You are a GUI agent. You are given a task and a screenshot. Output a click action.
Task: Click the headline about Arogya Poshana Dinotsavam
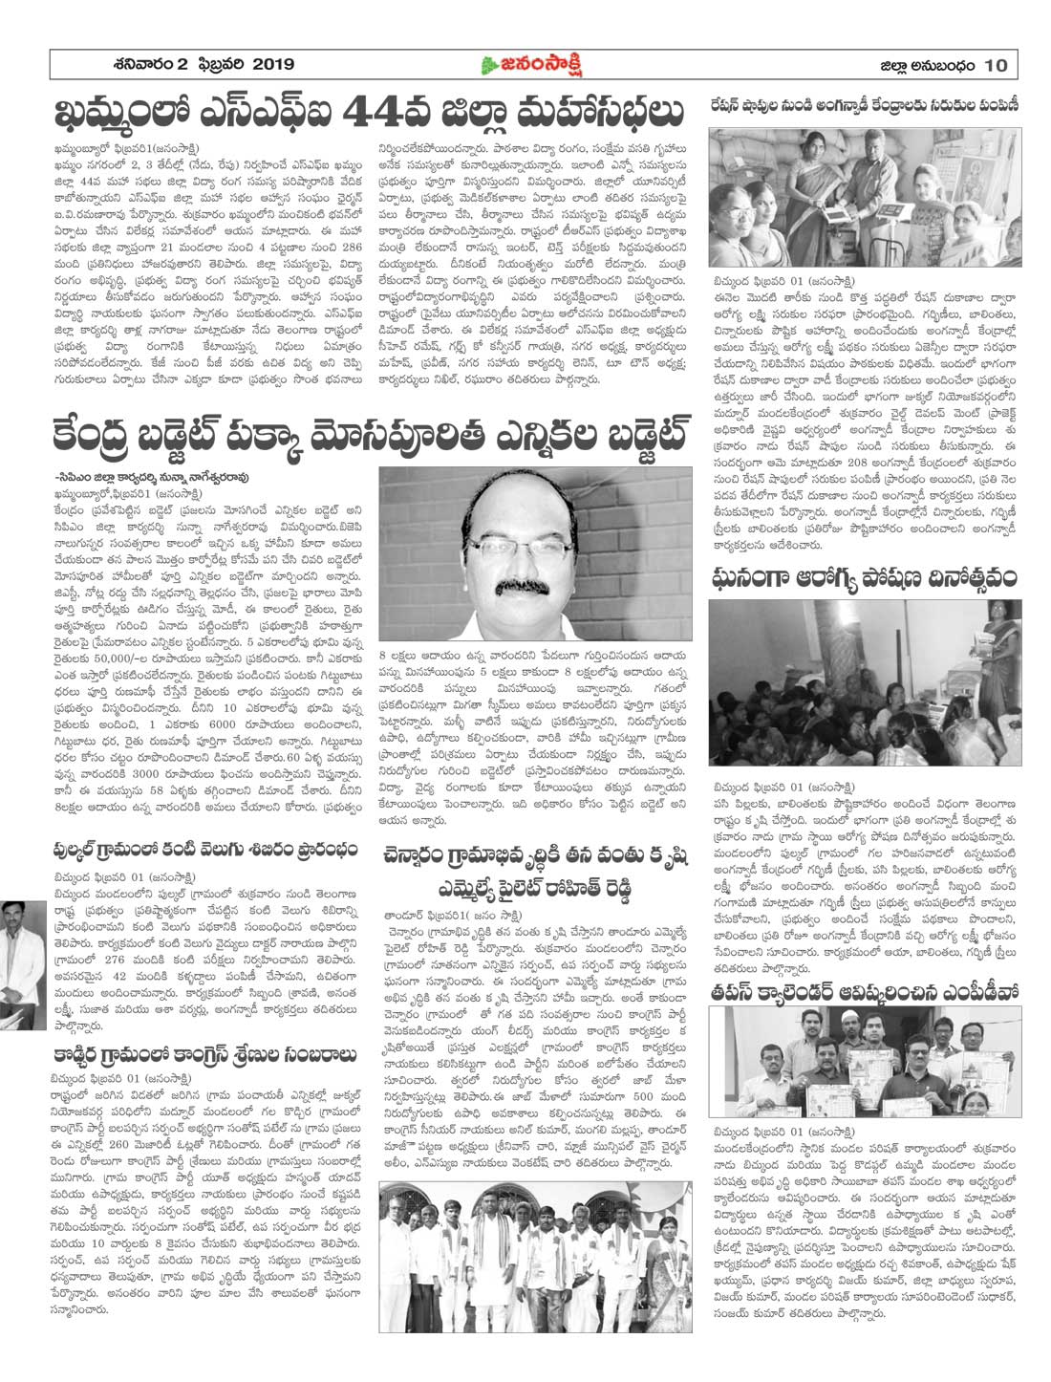pyautogui.click(x=864, y=579)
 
